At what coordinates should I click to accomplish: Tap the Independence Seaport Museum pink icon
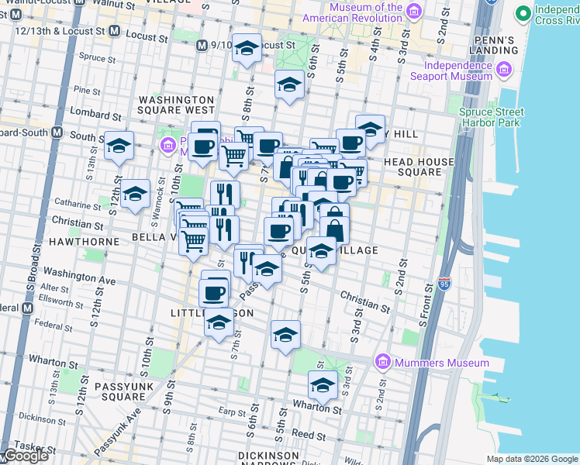[504, 71]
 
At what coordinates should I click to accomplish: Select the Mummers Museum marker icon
[381, 362]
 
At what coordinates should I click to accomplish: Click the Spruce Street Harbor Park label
[491, 116]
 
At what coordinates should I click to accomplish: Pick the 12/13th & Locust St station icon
[114, 31]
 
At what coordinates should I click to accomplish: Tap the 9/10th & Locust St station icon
[203, 46]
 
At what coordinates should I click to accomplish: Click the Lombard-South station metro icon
[57, 132]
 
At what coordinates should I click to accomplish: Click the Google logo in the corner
[26, 456]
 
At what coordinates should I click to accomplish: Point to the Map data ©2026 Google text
[531, 459]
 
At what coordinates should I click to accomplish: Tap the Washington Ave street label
[79, 275]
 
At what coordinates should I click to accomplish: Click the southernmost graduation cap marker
[323, 384]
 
